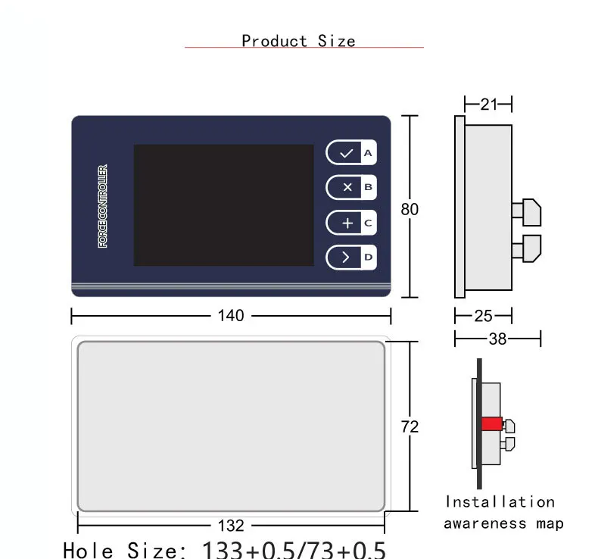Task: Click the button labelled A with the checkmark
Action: tap(351, 153)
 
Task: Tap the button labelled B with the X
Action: tap(351, 187)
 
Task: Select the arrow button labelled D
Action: tap(351, 258)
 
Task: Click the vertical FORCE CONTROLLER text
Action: tap(103, 206)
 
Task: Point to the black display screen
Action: tap(224, 205)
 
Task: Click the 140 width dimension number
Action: tap(231, 316)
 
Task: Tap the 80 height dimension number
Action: tap(410, 210)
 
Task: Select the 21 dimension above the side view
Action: tap(488, 105)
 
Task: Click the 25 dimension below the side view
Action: tap(483, 316)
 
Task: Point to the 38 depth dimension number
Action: tap(497, 339)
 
